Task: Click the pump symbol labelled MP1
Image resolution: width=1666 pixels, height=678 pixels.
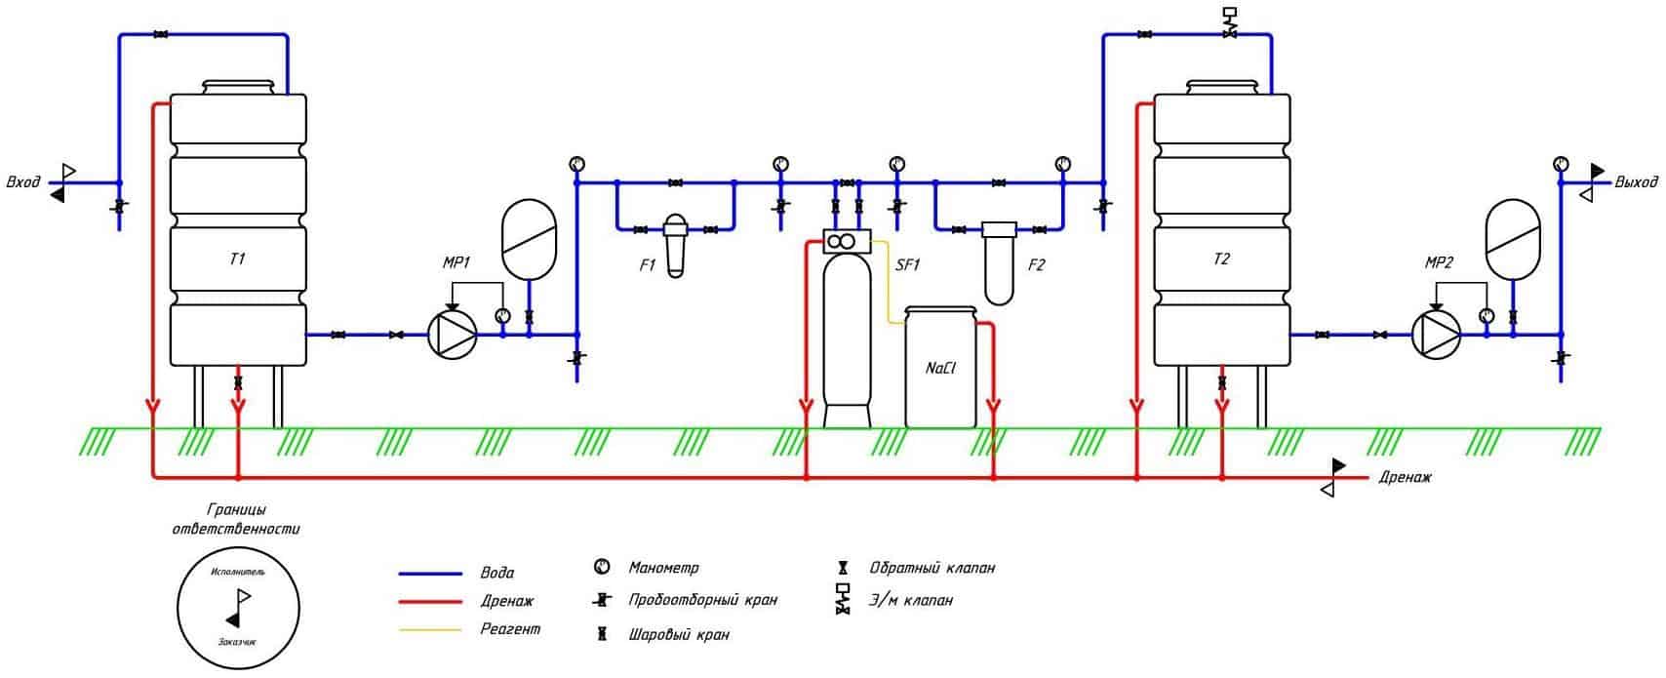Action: coord(453,335)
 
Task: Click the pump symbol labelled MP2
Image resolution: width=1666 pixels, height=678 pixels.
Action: coord(1436,335)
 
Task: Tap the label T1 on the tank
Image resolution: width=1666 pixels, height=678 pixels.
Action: coord(237,259)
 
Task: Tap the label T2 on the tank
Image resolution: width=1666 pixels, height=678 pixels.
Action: coord(1221,259)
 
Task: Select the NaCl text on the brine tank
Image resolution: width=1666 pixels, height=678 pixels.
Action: coord(941,368)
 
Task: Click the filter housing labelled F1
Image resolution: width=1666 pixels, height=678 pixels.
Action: coord(675,246)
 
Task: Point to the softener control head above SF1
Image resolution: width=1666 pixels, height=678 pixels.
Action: coord(847,242)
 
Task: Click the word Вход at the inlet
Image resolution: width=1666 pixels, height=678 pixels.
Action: coord(23,182)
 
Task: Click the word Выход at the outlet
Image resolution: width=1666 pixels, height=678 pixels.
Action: coord(1637,181)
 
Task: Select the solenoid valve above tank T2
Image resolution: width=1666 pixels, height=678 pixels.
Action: coord(1230,23)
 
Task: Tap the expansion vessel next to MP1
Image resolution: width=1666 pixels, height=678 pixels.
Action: coord(529,239)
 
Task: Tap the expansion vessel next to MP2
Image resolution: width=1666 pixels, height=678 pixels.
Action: coord(1513,239)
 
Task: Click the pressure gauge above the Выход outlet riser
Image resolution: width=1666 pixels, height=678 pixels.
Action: coord(1561,164)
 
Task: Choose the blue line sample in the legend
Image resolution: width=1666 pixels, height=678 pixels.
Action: coord(430,574)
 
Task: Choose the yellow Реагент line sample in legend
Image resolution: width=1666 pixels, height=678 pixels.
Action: coord(430,630)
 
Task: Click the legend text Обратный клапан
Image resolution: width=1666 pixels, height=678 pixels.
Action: coord(932,568)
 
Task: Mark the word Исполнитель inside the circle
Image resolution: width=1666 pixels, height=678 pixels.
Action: coord(238,572)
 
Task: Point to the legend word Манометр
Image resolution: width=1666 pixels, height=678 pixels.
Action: coord(664,568)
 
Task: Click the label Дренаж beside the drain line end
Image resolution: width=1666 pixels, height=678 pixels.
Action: coord(1405,477)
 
